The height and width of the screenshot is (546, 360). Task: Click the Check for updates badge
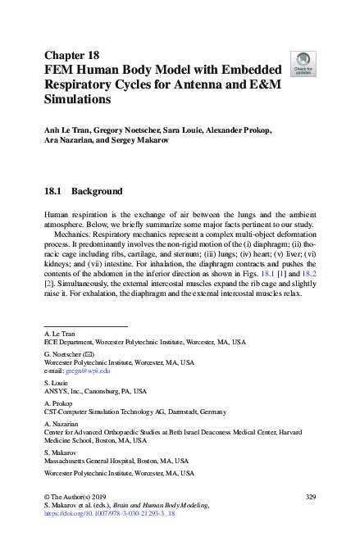pos(304,62)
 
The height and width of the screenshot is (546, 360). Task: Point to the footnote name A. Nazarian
pos(62,425)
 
